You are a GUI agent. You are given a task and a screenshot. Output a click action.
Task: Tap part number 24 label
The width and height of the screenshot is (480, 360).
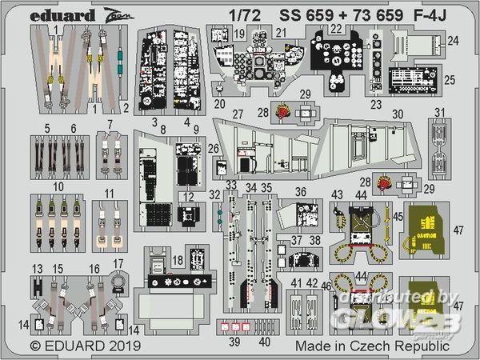coord(453,40)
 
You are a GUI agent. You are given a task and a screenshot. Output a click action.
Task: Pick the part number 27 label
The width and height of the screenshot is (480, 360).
coord(237,114)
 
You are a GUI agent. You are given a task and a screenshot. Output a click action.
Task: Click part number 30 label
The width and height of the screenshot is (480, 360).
coord(398,114)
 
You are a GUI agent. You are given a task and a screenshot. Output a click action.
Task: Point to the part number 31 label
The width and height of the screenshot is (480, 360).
coord(439,111)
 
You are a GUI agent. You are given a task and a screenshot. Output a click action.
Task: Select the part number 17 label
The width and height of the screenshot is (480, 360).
coord(118,263)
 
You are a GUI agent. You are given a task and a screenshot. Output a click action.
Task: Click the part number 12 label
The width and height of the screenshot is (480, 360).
coord(190,196)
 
